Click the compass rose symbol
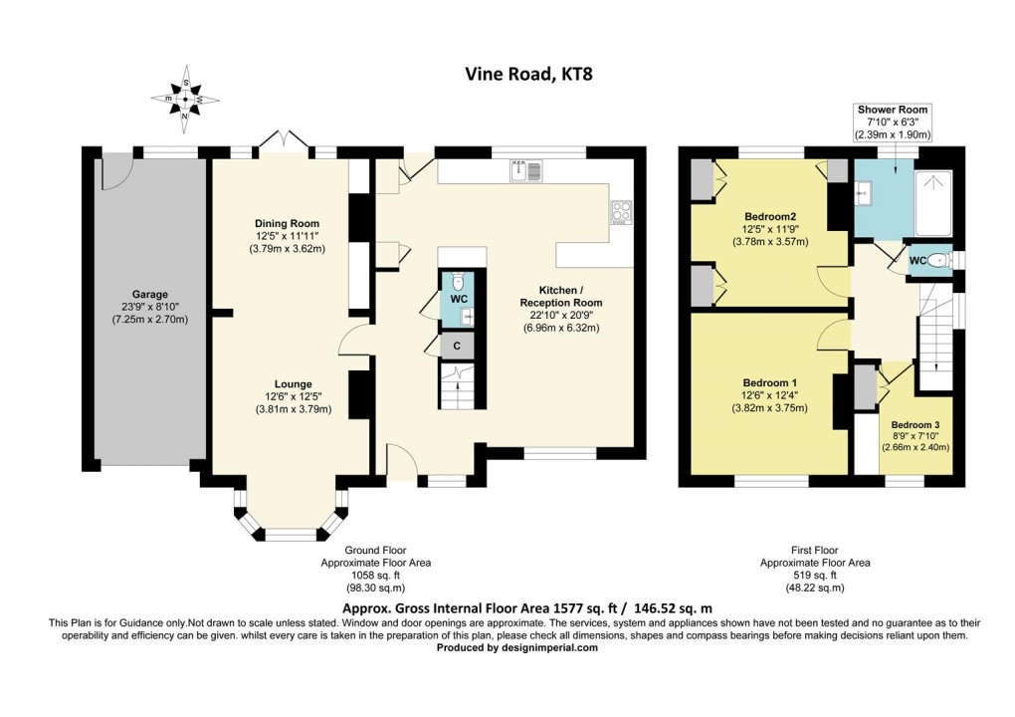click(x=185, y=100)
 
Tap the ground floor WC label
click(x=459, y=299)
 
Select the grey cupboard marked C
click(x=457, y=346)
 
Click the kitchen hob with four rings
click(x=623, y=211)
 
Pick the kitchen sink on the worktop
click(x=524, y=171)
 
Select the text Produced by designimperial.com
click(x=517, y=647)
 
